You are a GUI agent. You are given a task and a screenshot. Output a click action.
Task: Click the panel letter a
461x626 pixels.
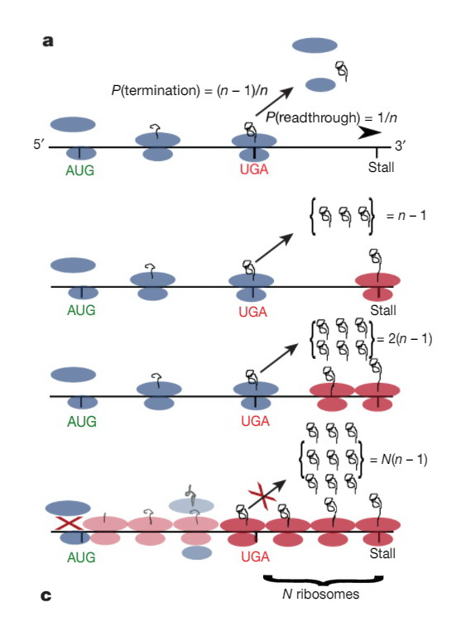pos(48,41)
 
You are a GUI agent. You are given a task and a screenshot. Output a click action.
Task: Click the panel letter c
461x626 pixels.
pos(46,595)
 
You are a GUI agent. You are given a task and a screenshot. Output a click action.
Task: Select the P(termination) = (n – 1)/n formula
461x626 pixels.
pos(190,91)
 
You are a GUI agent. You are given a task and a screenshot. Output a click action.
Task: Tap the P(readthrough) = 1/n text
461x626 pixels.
pos(331,117)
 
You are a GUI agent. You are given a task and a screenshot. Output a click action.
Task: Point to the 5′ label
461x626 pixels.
pos(39,144)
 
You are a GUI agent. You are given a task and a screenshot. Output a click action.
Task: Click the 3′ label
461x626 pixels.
pos(401,146)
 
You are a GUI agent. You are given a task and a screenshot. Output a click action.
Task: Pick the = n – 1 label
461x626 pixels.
pos(406,216)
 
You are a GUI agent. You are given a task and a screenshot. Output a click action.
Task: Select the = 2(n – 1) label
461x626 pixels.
pos(404,339)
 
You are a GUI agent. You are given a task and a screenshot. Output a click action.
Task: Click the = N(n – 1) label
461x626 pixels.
pos(399,460)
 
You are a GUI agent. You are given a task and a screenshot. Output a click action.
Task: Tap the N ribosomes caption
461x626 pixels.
pos(321,594)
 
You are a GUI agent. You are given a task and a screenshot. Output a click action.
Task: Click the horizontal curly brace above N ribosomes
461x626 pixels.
pos(323,580)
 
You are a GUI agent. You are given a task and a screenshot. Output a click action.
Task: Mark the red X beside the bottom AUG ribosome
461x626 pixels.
pos(69,523)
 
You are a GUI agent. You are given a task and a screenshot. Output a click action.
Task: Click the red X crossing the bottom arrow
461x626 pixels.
pos(262,496)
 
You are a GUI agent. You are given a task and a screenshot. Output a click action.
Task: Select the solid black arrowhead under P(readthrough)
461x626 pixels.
pos(369,133)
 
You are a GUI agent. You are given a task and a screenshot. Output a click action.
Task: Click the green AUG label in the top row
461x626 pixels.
pos(80,170)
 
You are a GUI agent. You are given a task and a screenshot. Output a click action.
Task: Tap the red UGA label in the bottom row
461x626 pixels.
pos(255,557)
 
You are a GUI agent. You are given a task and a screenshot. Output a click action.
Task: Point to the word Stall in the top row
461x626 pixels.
pos(381,167)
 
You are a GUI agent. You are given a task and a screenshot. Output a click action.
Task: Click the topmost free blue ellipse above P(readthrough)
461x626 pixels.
pos(315,45)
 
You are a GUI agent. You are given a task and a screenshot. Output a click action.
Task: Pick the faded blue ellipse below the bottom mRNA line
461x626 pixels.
pos(196,553)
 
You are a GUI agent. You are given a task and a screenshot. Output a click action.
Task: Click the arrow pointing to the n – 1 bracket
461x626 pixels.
pos(274,248)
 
